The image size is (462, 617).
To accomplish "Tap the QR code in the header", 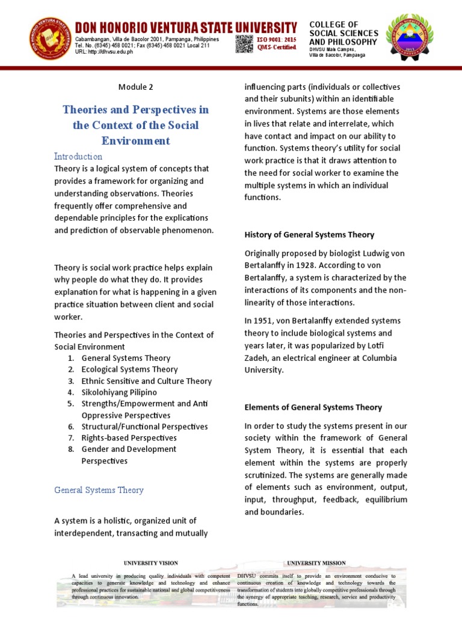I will click(244, 43).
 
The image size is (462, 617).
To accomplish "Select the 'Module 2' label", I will click(135, 87).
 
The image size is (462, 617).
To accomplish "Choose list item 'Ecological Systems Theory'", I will click(129, 369).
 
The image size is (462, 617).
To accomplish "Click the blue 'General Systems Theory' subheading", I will click(99, 490).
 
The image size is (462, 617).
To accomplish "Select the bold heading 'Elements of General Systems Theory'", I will click(313, 407).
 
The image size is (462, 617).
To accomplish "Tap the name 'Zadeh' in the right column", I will click(257, 358).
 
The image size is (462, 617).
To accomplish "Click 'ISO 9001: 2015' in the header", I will click(278, 39).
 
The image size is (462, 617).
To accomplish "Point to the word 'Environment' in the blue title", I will click(136, 141).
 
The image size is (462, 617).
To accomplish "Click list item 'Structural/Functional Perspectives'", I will click(144, 427).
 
